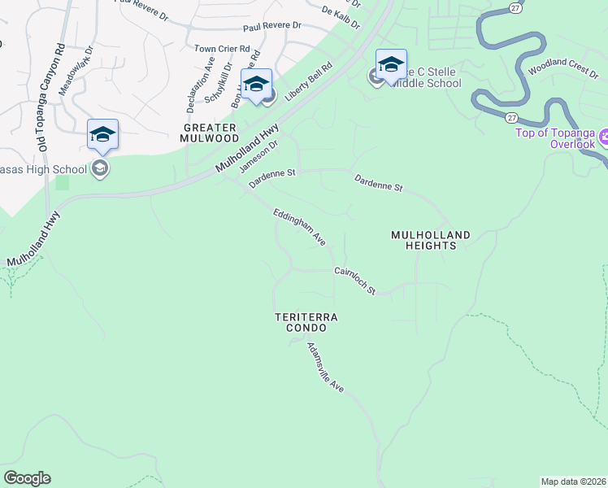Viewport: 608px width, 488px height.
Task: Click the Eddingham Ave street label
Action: [299, 227]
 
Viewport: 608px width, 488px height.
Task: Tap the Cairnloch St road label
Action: [355, 281]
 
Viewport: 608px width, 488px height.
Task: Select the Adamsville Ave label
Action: [326, 368]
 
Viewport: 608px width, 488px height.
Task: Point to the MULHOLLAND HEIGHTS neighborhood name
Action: [430, 240]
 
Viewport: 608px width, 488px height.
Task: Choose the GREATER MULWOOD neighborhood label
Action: [210, 133]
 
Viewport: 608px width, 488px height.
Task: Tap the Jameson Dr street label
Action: [258, 156]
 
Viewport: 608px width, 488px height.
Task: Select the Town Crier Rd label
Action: [216, 49]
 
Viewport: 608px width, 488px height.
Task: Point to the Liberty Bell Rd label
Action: [309, 78]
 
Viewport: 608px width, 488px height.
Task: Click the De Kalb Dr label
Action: [341, 17]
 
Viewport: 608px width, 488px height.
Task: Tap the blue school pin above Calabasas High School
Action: [103, 134]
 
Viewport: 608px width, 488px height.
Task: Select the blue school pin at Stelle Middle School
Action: [391, 64]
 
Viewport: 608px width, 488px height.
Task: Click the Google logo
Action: [27, 478]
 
